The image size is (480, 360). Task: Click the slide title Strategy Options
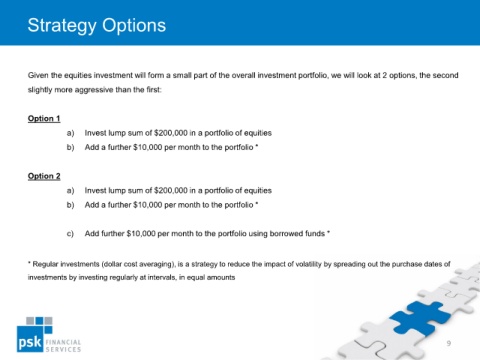(x=97, y=26)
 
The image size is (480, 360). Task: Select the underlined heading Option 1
(x=44, y=119)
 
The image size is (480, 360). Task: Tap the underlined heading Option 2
(x=44, y=176)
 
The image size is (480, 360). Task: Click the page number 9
(x=449, y=343)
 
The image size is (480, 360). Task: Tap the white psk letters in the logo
(x=30, y=342)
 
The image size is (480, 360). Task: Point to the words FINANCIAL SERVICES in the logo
(x=63, y=346)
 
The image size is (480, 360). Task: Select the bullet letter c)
(x=70, y=234)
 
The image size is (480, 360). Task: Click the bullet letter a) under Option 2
(x=70, y=191)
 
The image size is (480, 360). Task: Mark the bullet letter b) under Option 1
(x=70, y=147)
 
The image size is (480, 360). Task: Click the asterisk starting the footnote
(x=29, y=263)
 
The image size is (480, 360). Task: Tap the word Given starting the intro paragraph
(x=38, y=75)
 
